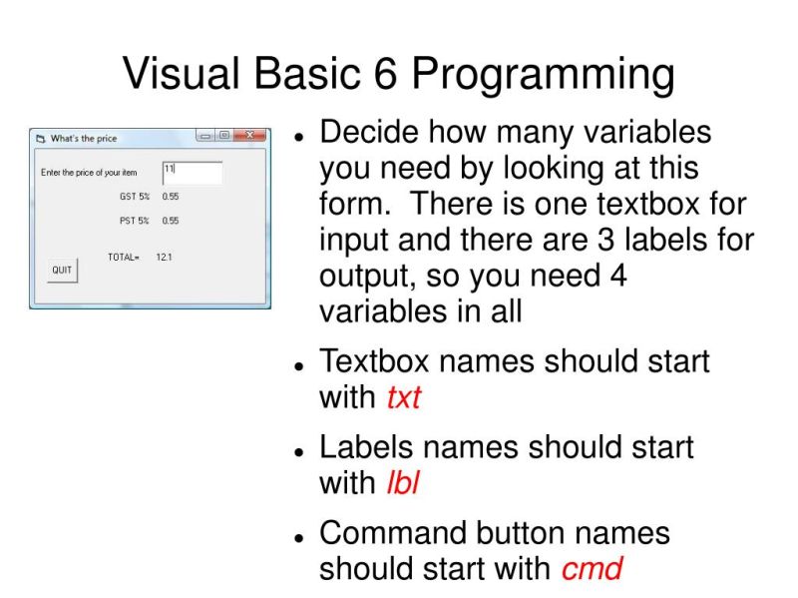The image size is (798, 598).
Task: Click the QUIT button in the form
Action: coord(62,271)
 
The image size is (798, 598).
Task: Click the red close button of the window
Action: coord(249,136)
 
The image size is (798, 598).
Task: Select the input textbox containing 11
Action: coord(192,173)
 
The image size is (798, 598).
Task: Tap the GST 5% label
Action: coord(135,197)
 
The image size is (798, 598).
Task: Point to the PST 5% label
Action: coord(135,221)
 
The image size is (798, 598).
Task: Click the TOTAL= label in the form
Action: coord(124,258)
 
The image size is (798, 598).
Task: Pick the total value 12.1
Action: coord(164,258)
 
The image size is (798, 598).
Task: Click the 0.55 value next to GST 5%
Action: coord(171,197)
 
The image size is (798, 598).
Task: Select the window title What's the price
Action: coord(84,139)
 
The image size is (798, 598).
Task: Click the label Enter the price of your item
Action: coord(89,173)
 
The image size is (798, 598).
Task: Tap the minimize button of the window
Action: coord(205,136)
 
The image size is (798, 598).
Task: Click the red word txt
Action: coord(403,397)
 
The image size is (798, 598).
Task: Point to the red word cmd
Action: coord(592,569)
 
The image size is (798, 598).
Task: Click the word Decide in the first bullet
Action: coord(367,133)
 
